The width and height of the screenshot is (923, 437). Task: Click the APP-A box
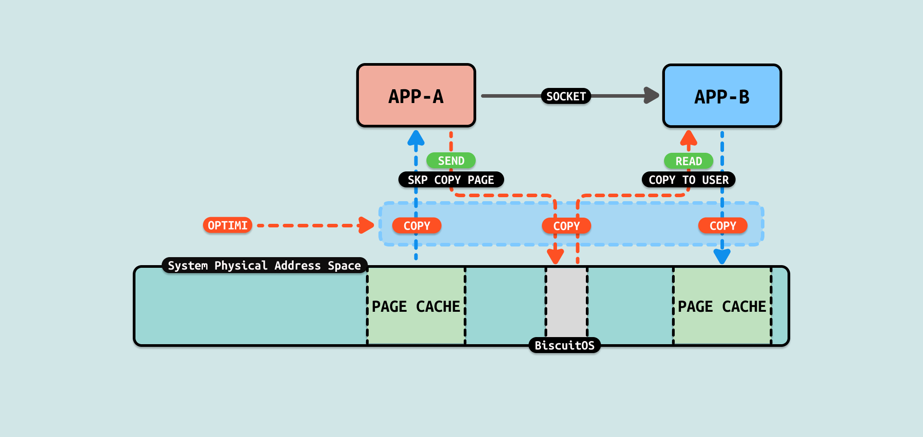click(416, 96)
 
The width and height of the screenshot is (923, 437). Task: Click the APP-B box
click(722, 96)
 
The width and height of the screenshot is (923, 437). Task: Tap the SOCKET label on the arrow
click(566, 96)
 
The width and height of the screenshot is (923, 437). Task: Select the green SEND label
click(451, 161)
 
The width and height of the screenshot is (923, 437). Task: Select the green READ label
click(688, 161)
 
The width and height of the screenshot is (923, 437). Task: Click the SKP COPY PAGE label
click(451, 180)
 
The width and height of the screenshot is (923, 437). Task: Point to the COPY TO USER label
click(688, 180)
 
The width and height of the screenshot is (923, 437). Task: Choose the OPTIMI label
click(227, 225)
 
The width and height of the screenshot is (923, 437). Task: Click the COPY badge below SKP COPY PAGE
click(417, 226)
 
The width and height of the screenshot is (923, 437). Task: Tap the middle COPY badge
click(566, 226)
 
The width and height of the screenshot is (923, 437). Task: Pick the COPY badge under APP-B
click(723, 226)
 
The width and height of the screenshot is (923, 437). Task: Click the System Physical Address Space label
click(264, 266)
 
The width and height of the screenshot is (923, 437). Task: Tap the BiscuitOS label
click(565, 345)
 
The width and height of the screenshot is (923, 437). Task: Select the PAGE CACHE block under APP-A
click(416, 306)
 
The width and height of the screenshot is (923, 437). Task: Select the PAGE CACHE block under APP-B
click(722, 306)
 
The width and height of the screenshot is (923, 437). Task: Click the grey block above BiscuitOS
click(566, 302)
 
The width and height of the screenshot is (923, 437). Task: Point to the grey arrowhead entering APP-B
click(652, 95)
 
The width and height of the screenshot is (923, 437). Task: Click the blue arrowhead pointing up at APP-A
click(416, 138)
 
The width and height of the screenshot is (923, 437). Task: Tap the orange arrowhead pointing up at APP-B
click(688, 138)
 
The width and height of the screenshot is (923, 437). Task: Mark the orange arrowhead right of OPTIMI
click(366, 225)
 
